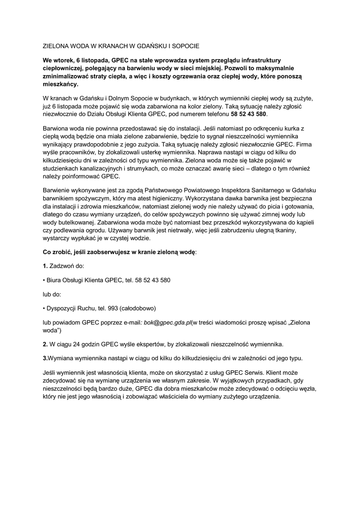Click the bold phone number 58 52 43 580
[248, 114]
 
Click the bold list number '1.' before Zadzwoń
[45, 266]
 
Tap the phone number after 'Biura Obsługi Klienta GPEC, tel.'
[148, 280]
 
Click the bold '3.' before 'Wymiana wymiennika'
[46, 358]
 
